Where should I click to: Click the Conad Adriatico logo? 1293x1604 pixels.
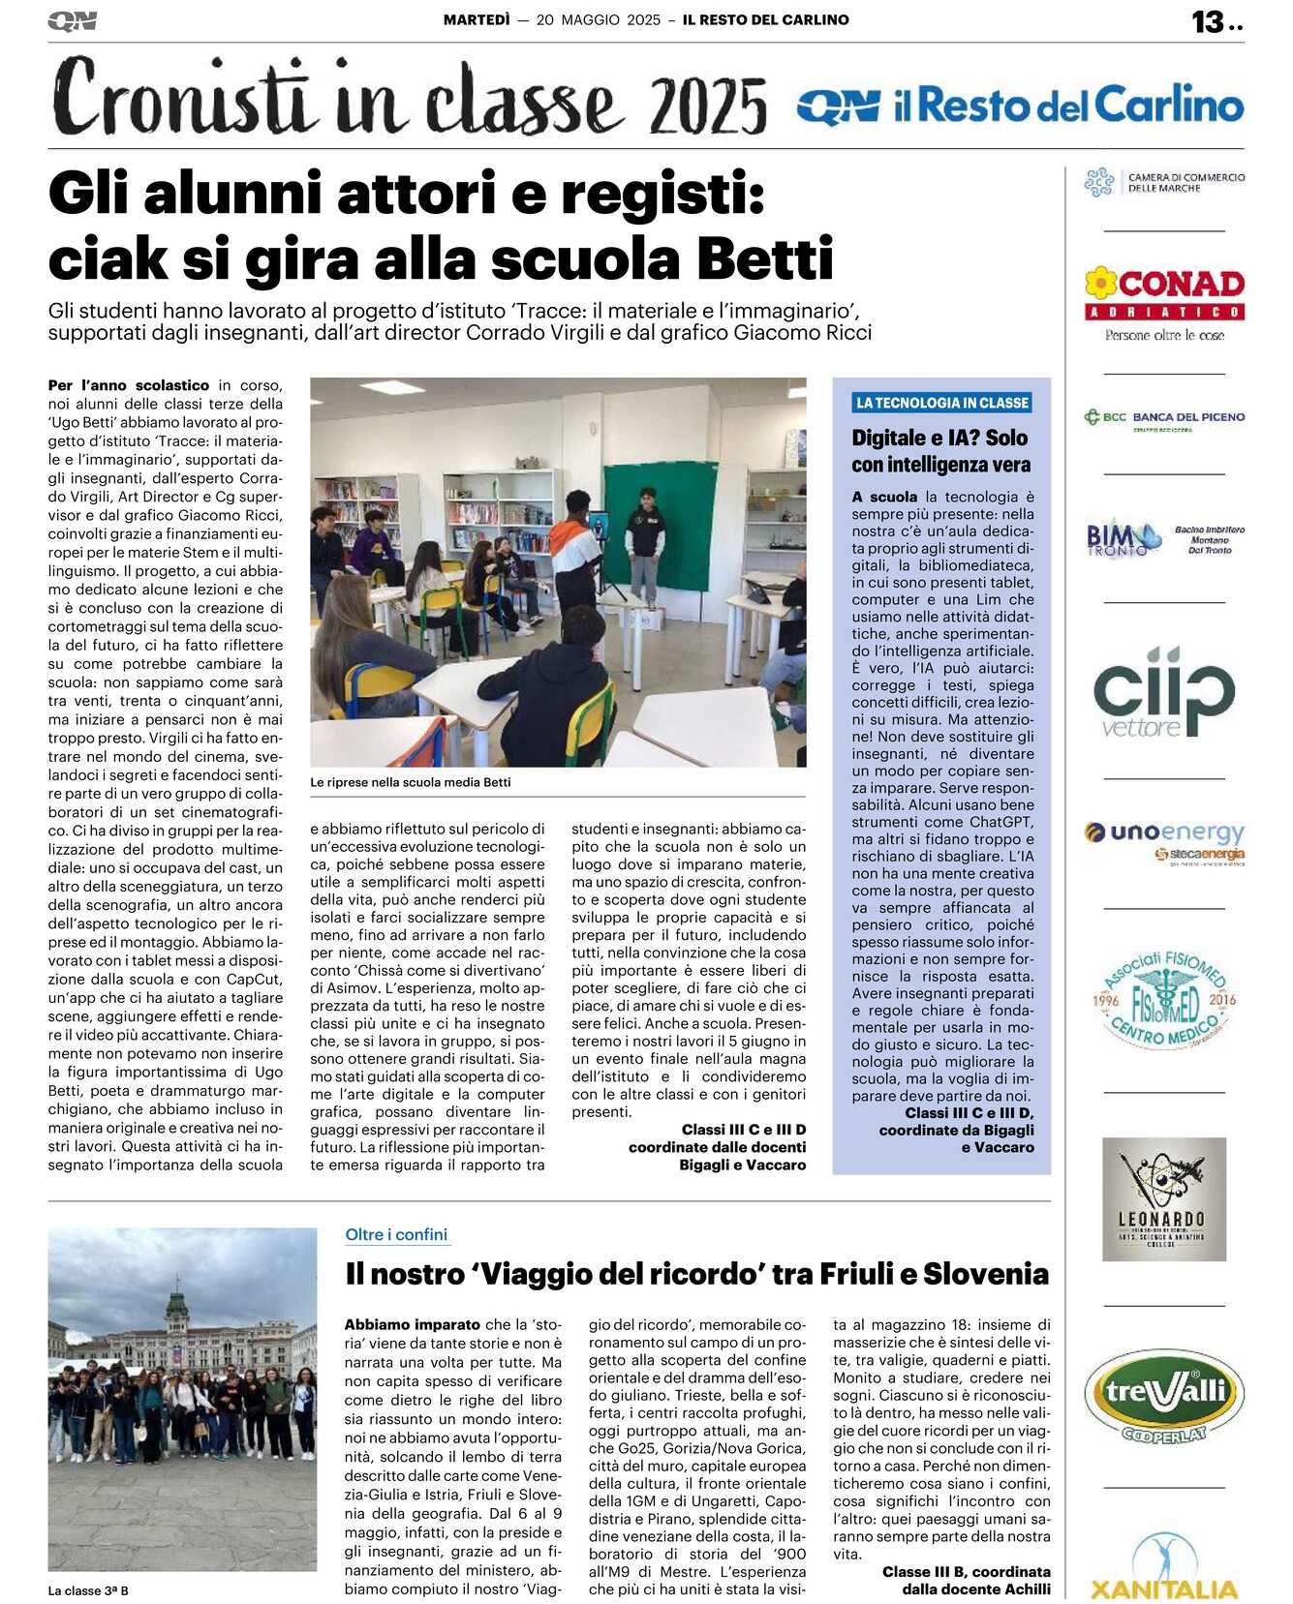[1164, 302]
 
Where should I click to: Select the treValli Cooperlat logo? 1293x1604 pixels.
[1164, 1395]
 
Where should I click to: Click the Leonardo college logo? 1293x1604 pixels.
[1164, 1199]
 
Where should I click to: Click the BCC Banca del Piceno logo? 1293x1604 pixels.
[1164, 418]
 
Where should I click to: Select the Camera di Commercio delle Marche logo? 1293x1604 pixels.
[1164, 182]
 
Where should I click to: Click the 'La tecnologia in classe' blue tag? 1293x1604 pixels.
[941, 403]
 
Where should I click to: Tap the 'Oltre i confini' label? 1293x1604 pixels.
[396, 1234]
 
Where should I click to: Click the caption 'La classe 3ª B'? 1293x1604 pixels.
[88, 1590]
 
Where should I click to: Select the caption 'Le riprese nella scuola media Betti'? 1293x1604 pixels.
[410, 782]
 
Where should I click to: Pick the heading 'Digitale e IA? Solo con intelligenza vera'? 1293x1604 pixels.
[940, 451]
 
